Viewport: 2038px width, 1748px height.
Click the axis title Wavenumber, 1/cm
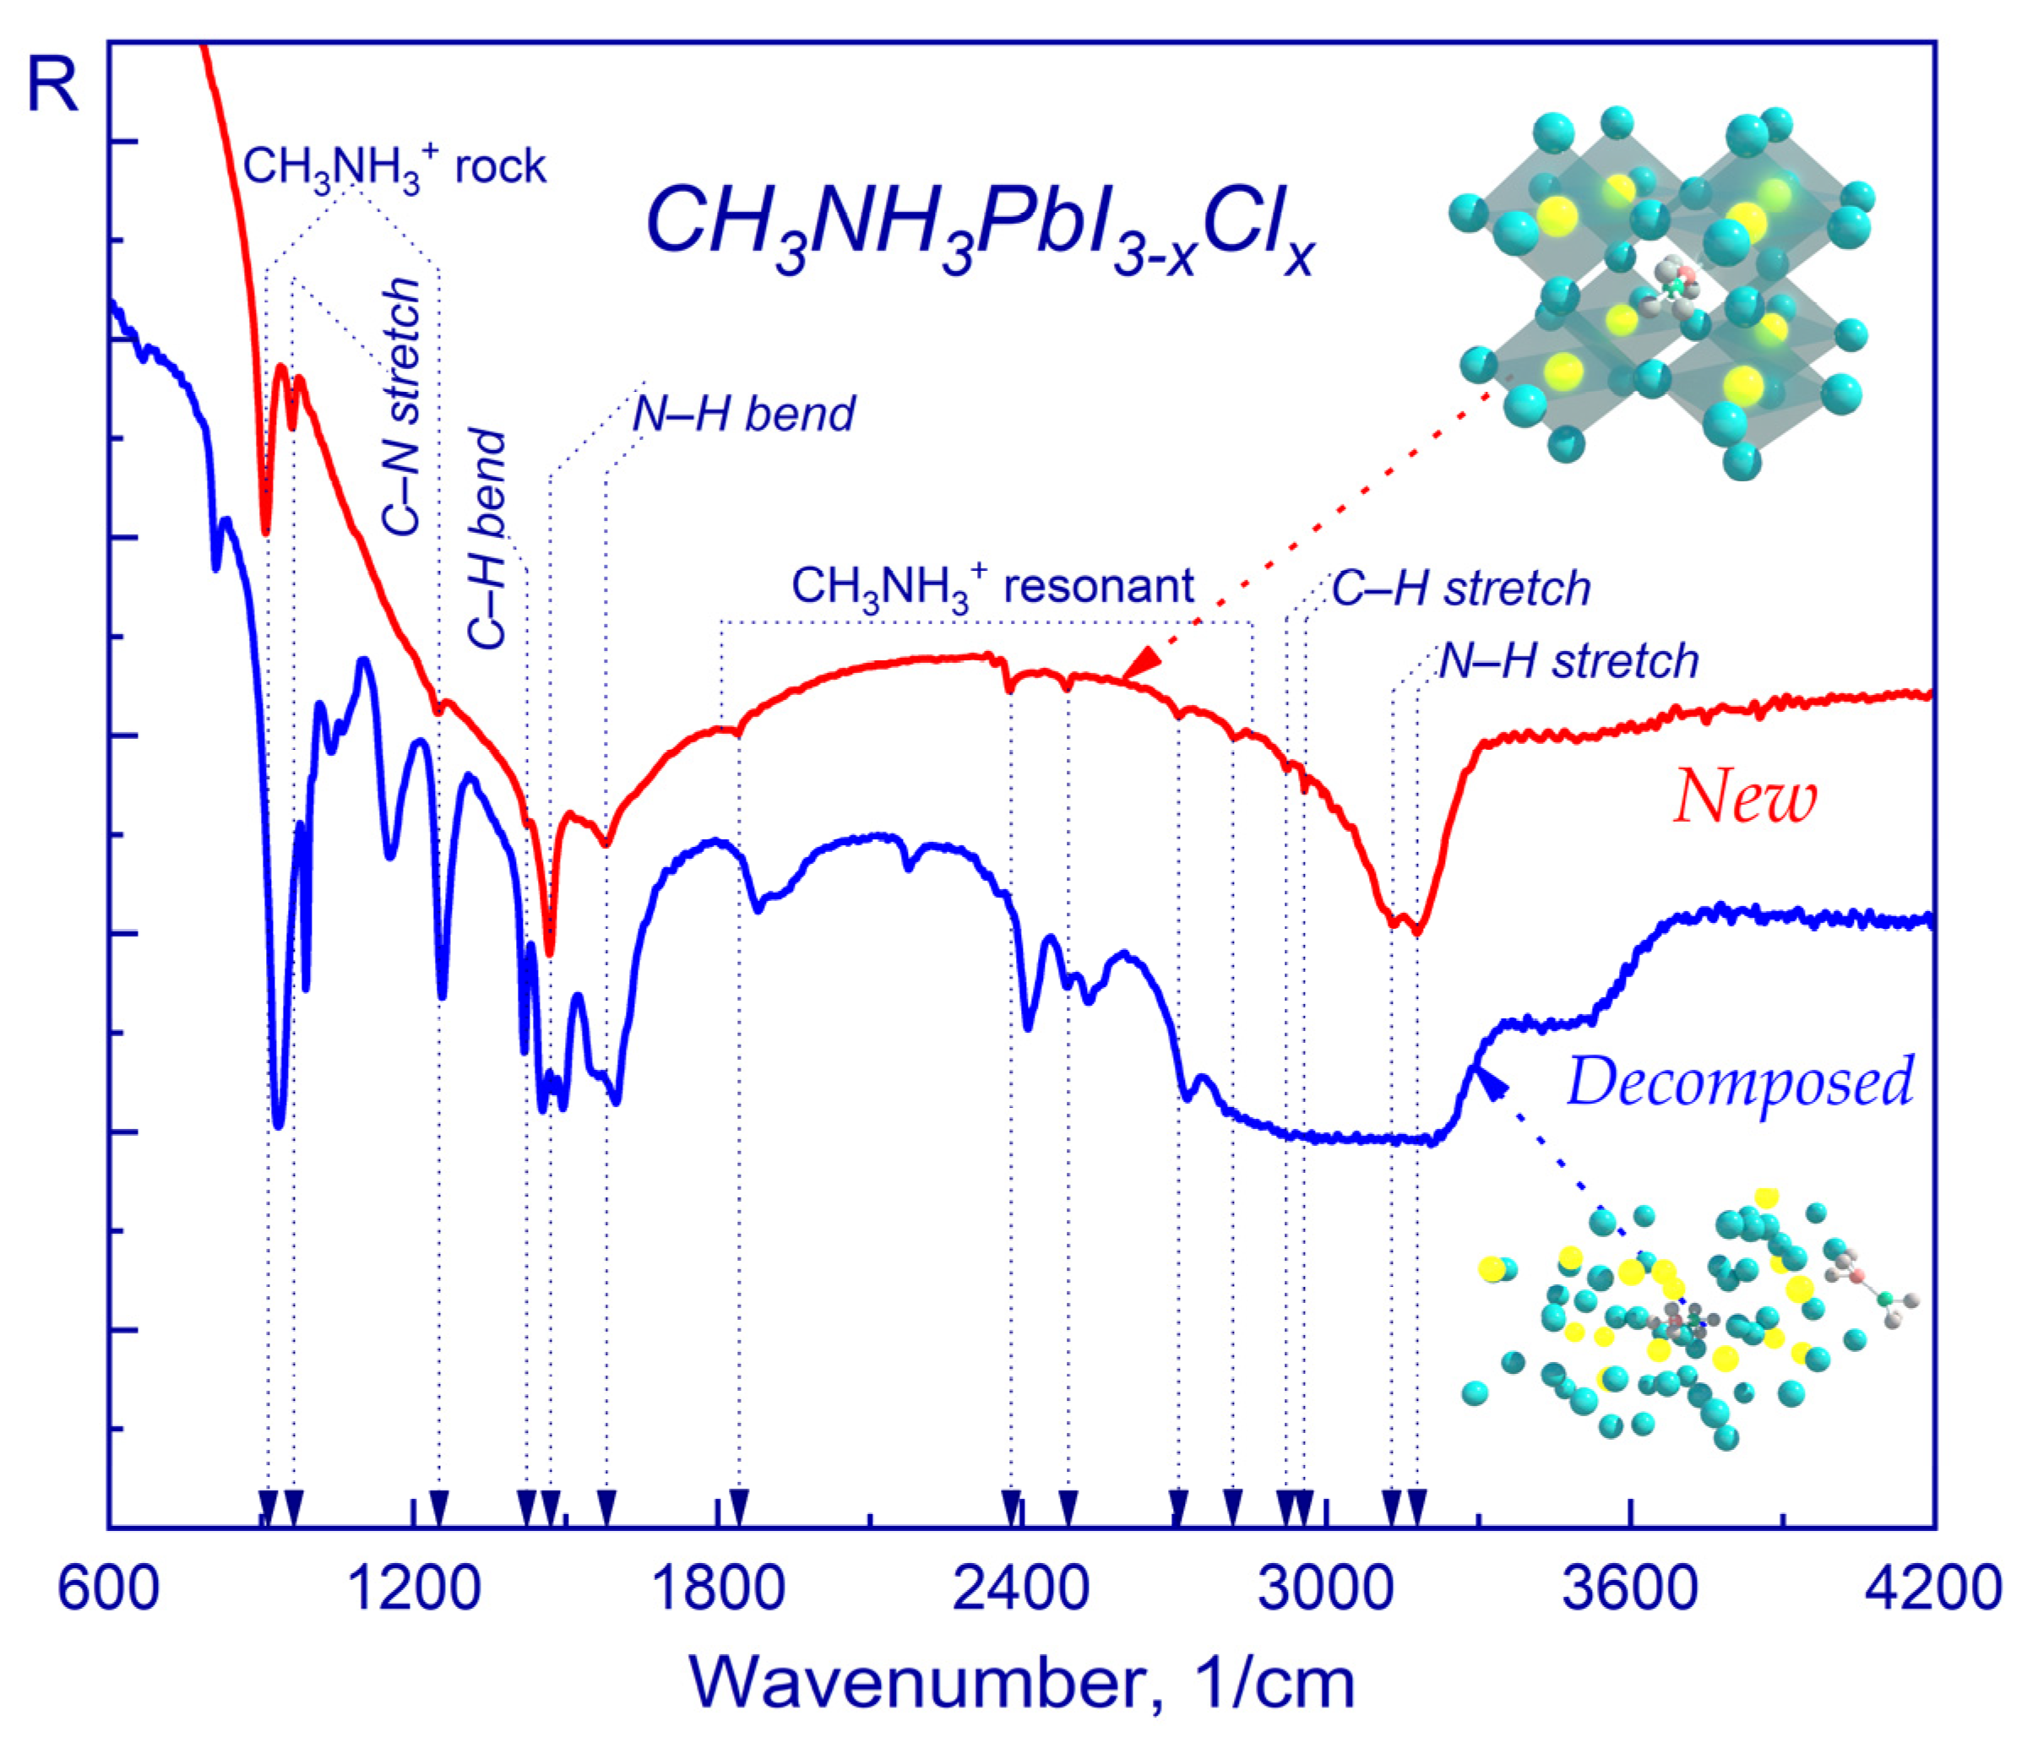coord(1022,1683)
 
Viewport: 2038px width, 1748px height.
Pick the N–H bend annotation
coord(743,414)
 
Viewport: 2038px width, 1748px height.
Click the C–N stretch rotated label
coord(401,406)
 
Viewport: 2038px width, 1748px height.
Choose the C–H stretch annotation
coord(1460,589)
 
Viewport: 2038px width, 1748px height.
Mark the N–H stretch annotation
coord(1568,661)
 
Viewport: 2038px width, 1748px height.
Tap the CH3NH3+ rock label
coord(394,167)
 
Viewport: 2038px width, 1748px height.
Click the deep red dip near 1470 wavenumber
coord(550,949)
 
